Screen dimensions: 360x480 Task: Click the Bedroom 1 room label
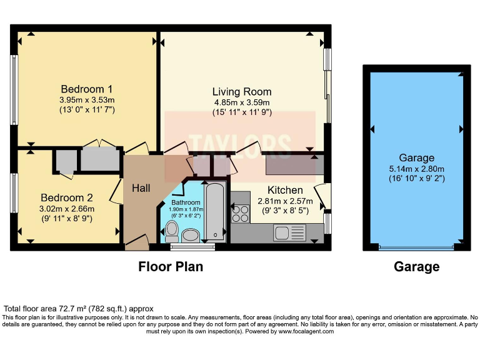[x=86, y=89]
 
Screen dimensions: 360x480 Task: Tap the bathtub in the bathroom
[x=214, y=212]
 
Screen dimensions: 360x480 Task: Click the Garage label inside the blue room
[x=417, y=158]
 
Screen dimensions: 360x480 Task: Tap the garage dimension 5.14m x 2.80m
[x=417, y=169]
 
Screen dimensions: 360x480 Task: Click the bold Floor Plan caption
[x=171, y=267]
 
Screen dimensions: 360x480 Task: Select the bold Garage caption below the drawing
[x=416, y=267]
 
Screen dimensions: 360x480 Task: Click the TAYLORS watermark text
[x=241, y=145]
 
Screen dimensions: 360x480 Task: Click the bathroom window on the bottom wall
[x=192, y=247]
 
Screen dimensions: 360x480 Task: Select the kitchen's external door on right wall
[x=322, y=197]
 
